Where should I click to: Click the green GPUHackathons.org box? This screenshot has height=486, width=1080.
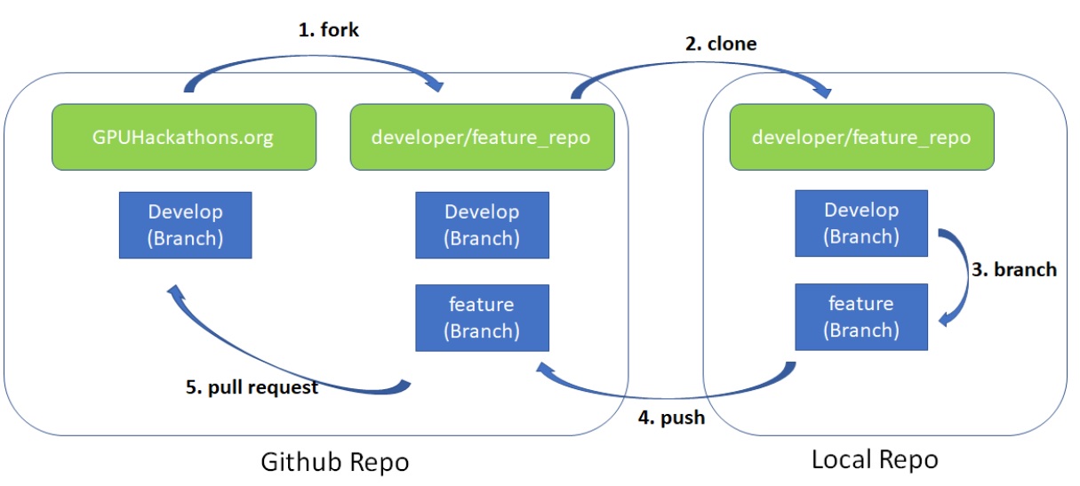(x=184, y=137)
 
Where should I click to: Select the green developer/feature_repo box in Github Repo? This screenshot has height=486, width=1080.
(x=482, y=137)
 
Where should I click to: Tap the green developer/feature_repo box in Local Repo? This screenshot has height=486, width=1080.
(x=861, y=137)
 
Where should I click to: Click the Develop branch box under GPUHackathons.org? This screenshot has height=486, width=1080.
(x=185, y=226)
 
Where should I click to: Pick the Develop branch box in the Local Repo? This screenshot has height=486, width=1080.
(x=861, y=224)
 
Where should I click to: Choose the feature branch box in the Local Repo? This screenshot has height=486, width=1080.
(x=861, y=317)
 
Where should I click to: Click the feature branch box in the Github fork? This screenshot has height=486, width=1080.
(x=482, y=318)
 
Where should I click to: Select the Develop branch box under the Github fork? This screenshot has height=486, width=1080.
(x=482, y=226)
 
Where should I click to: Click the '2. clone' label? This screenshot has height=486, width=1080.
(x=721, y=43)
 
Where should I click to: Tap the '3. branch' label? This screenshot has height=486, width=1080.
(x=1014, y=269)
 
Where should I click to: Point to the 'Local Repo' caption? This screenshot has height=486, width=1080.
(x=875, y=459)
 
